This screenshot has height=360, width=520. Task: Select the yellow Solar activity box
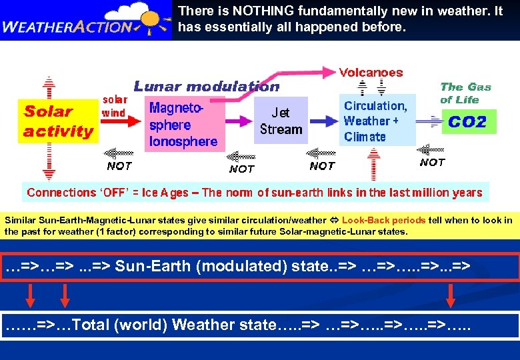point(58,121)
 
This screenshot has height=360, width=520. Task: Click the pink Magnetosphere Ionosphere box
point(183,124)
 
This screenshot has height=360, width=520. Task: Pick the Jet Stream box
point(281,121)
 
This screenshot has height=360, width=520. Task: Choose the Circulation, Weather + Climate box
point(375,121)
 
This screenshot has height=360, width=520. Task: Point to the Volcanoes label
point(371,72)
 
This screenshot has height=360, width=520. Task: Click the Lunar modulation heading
point(207,87)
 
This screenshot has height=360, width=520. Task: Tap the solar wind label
point(113,106)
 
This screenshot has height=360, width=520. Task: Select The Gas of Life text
point(465,93)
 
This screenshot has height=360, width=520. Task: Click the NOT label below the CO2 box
point(432,162)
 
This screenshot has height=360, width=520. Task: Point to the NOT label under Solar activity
point(119,166)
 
